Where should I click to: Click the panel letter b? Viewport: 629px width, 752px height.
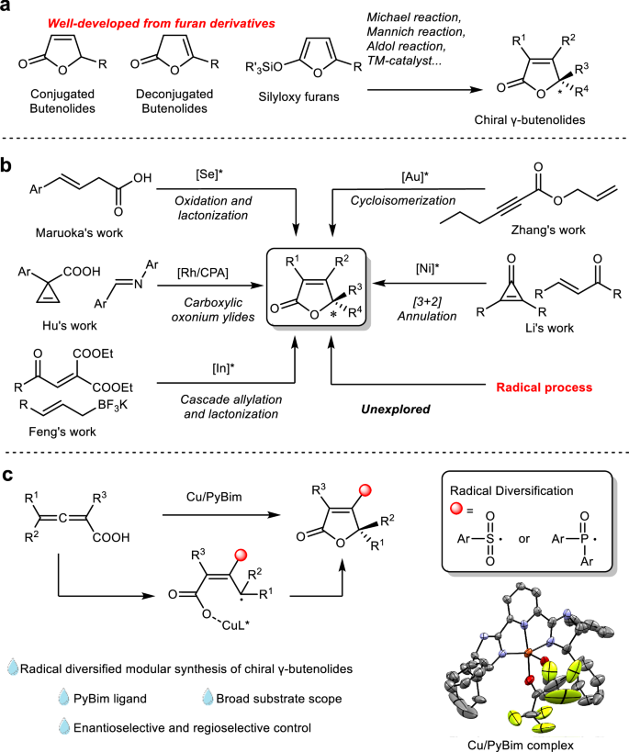pos(7,167)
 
